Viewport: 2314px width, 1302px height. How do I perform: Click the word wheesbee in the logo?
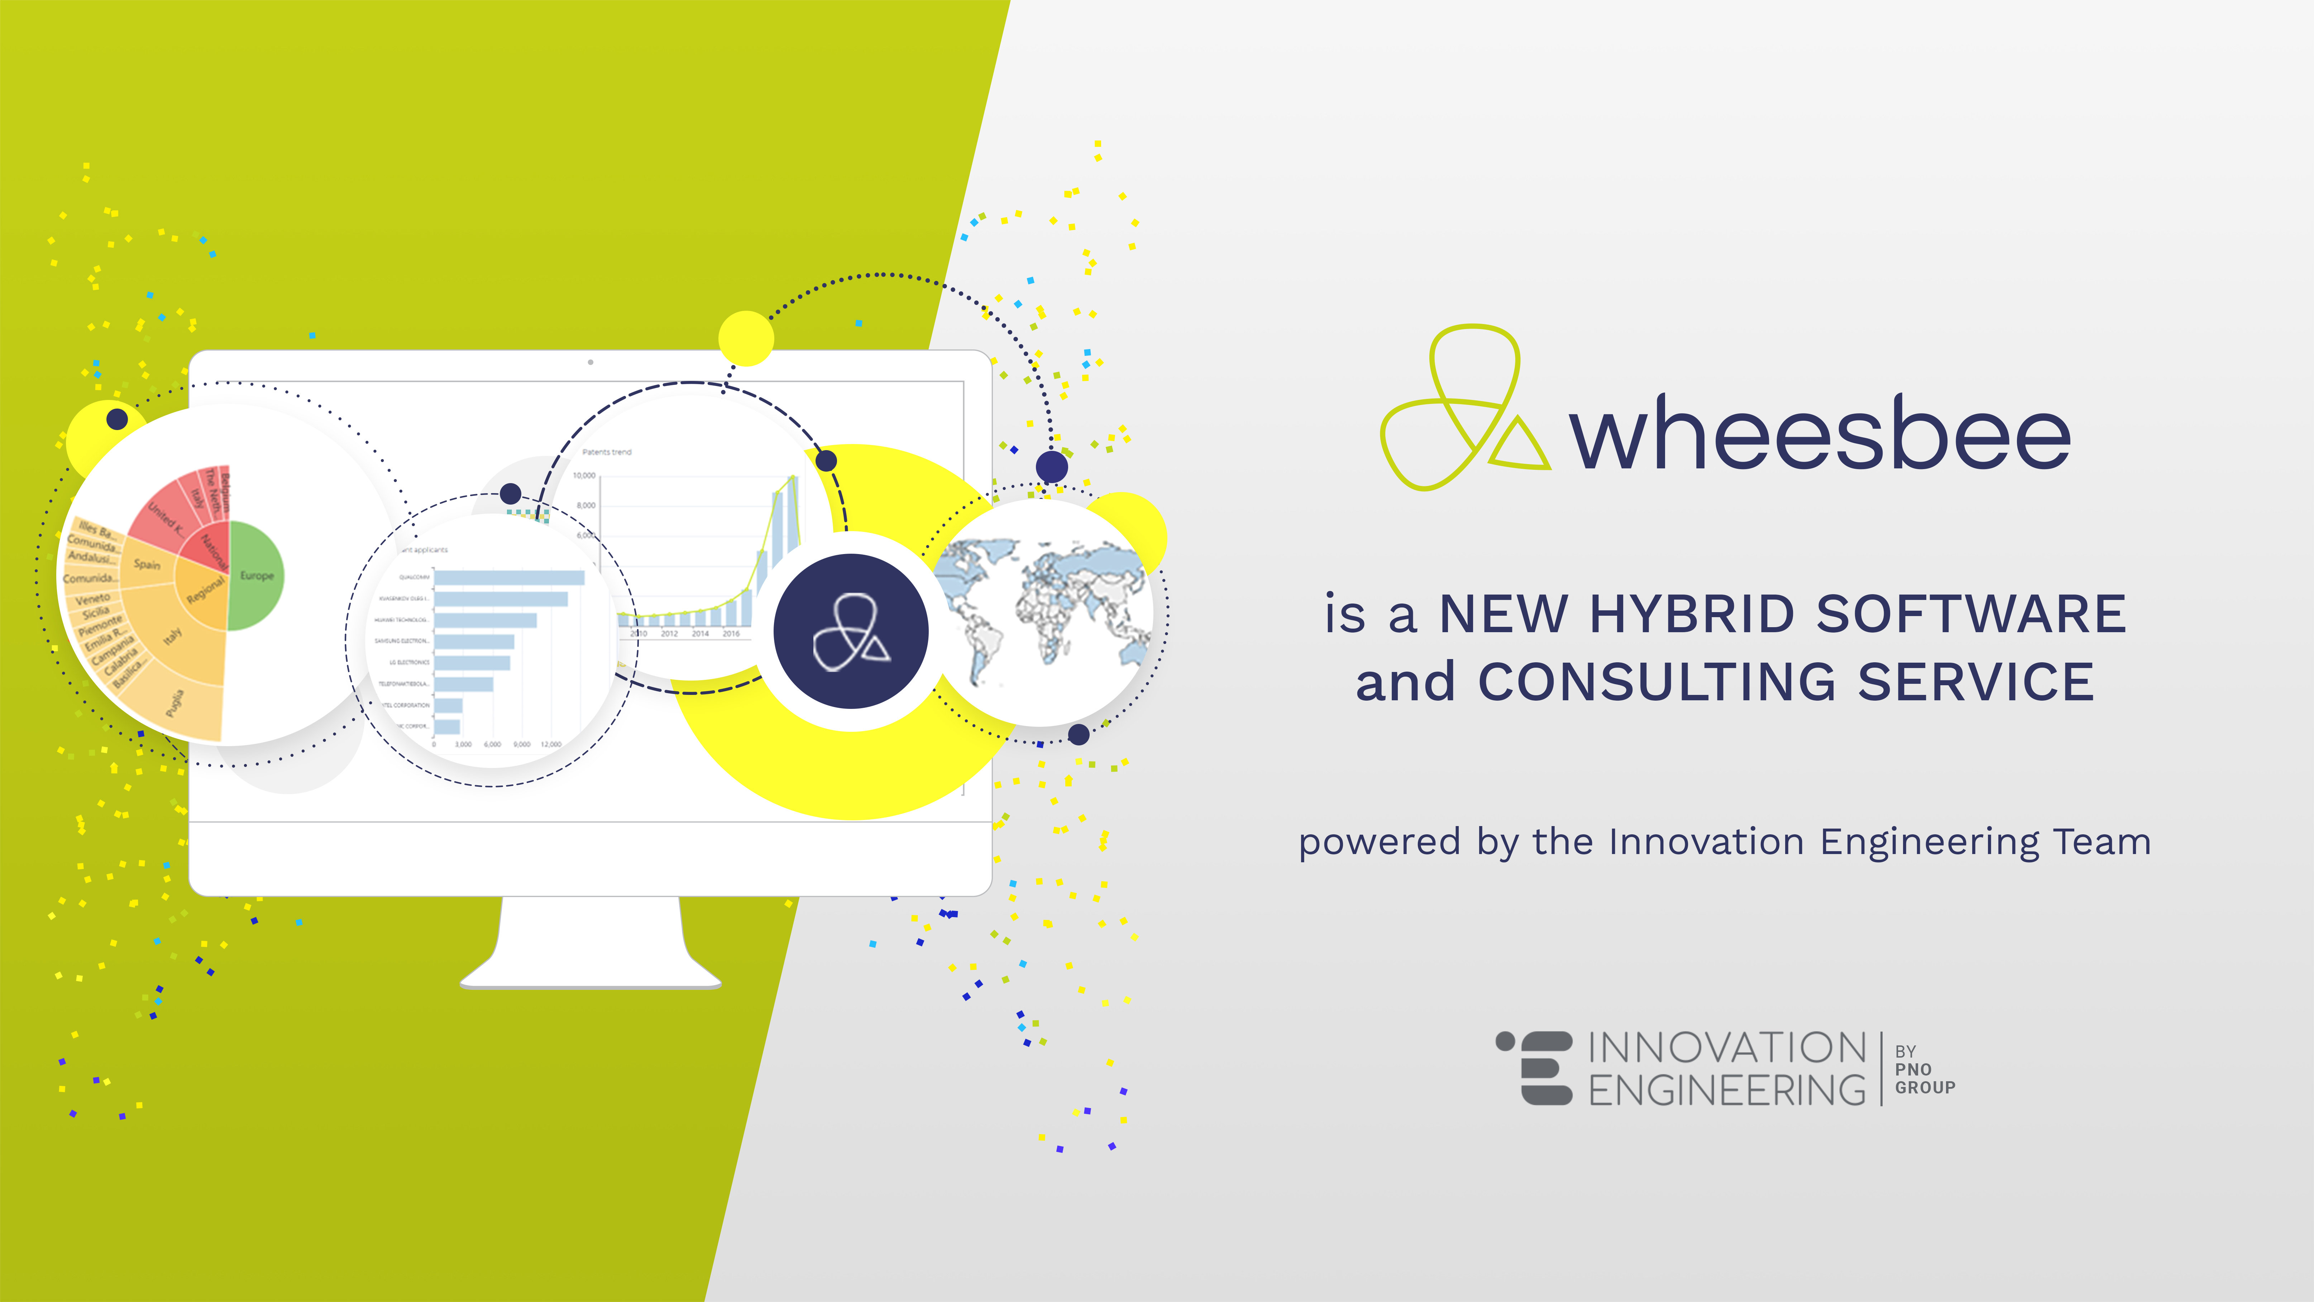1819,434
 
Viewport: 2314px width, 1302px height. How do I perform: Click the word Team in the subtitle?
2102,842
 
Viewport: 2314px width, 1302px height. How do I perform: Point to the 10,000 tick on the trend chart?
584,475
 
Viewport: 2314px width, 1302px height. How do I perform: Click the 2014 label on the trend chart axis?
700,634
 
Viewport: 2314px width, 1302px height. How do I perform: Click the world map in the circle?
1042,611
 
